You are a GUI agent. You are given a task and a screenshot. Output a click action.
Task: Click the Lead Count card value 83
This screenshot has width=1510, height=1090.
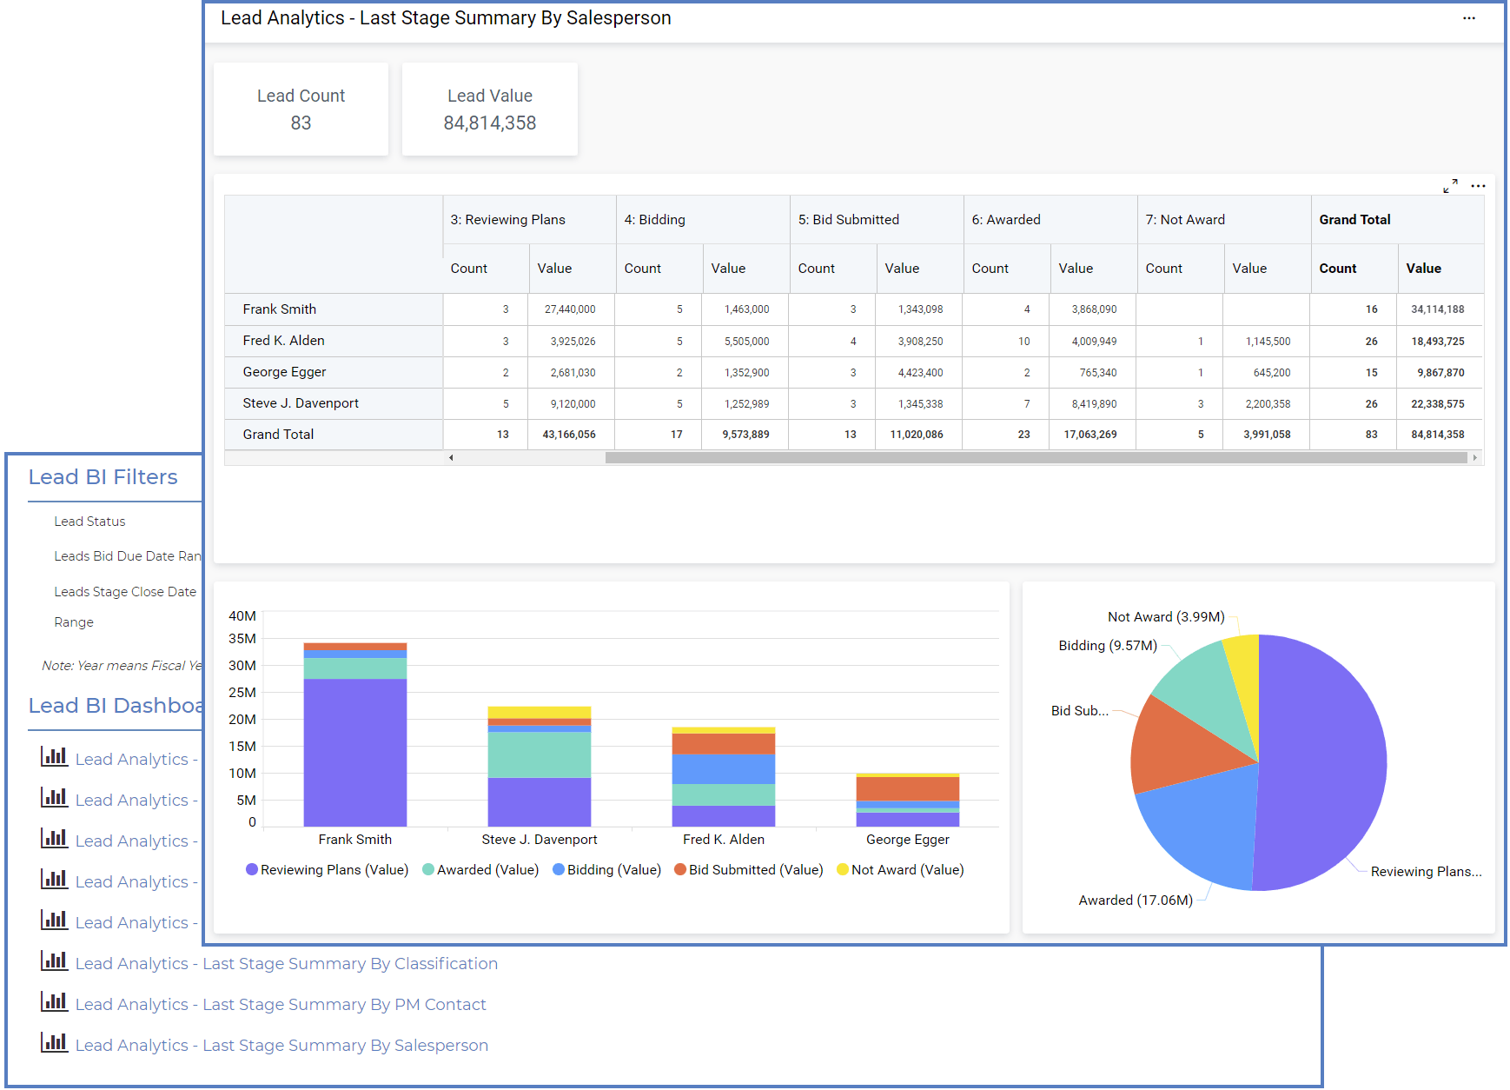point(301,123)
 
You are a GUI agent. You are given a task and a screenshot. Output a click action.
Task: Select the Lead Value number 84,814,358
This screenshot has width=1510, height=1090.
point(489,123)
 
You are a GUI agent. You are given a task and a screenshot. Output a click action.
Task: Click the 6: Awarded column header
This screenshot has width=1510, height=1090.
point(1006,220)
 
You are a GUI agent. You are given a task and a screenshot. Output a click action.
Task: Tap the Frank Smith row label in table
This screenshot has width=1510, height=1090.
point(280,309)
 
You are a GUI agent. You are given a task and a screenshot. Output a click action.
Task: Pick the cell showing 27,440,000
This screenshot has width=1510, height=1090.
point(570,309)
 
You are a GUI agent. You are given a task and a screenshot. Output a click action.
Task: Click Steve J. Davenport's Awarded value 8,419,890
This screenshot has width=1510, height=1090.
point(1094,404)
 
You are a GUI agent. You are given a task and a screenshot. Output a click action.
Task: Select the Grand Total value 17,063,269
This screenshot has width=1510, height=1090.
point(1089,435)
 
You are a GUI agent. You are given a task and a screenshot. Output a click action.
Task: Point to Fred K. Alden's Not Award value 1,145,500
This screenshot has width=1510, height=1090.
point(1268,342)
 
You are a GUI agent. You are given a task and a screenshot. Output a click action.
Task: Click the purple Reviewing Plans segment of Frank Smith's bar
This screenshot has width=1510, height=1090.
point(354,752)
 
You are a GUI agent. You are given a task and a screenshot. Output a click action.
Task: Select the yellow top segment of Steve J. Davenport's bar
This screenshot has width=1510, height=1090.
point(539,712)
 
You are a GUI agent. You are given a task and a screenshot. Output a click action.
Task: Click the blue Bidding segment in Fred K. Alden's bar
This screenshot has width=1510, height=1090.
point(723,769)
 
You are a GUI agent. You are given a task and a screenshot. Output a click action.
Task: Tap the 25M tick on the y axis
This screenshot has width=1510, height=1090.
point(242,693)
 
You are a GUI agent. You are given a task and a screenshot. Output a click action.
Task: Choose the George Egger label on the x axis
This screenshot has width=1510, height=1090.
point(907,840)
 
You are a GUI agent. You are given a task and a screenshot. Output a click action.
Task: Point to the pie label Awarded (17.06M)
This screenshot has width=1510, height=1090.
point(1135,901)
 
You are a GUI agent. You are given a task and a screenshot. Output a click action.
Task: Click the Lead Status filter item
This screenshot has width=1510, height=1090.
point(89,522)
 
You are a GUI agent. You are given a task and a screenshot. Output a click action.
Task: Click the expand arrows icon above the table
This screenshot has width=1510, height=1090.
point(1450,186)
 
